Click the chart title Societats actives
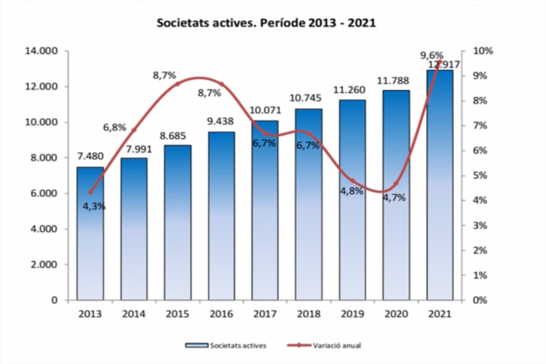click(266, 23)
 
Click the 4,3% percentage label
click(94, 206)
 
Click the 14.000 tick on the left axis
click(41, 51)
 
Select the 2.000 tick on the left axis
click(44, 264)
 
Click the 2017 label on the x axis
click(265, 314)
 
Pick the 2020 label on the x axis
click(396, 314)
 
